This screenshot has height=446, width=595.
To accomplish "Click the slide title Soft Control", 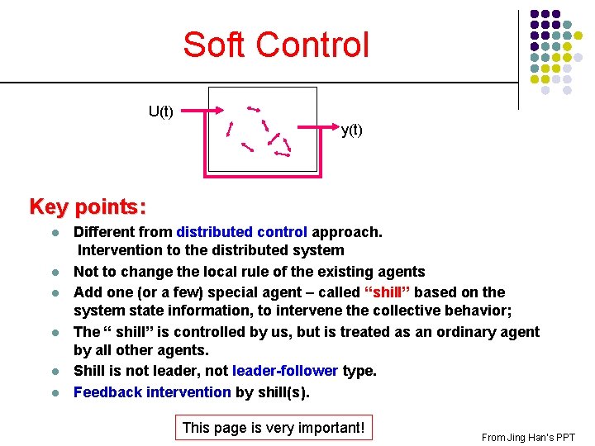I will pyautogui.click(x=276, y=45).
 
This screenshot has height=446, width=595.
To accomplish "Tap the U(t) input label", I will pyautogui.click(x=160, y=111).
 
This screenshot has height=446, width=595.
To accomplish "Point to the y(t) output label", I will pyautogui.click(x=351, y=130).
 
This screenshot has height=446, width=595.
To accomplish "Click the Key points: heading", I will pyautogui.click(x=88, y=206).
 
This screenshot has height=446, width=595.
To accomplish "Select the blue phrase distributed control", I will pyautogui.click(x=241, y=232).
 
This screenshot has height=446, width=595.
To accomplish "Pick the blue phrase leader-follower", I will pyautogui.click(x=285, y=371).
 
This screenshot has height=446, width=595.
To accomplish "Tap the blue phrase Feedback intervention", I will pyautogui.click(x=151, y=391).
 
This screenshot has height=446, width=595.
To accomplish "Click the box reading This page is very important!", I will pyautogui.click(x=273, y=428).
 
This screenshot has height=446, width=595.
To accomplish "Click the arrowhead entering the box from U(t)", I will pyautogui.click(x=218, y=111).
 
